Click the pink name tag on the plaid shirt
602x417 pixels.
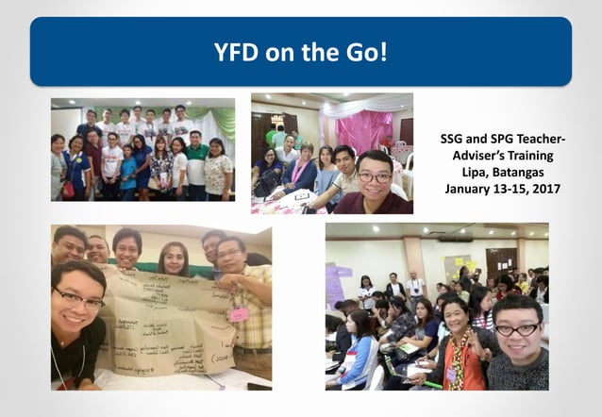(x=239, y=313)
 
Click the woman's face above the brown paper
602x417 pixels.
(x=174, y=257)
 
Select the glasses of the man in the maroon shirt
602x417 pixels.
(x=375, y=177)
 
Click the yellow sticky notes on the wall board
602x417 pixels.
(x=461, y=261)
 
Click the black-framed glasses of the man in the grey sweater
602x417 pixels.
(x=517, y=328)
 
